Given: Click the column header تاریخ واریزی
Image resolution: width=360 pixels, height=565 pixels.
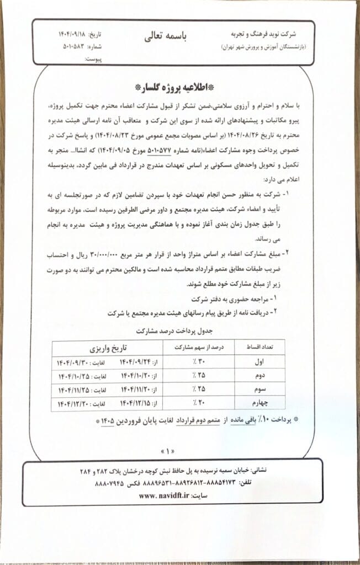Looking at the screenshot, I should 108,349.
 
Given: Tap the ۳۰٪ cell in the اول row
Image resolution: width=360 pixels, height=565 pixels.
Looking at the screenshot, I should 190,363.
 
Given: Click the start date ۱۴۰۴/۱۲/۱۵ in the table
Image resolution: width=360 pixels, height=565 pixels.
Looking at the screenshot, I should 134,404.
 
